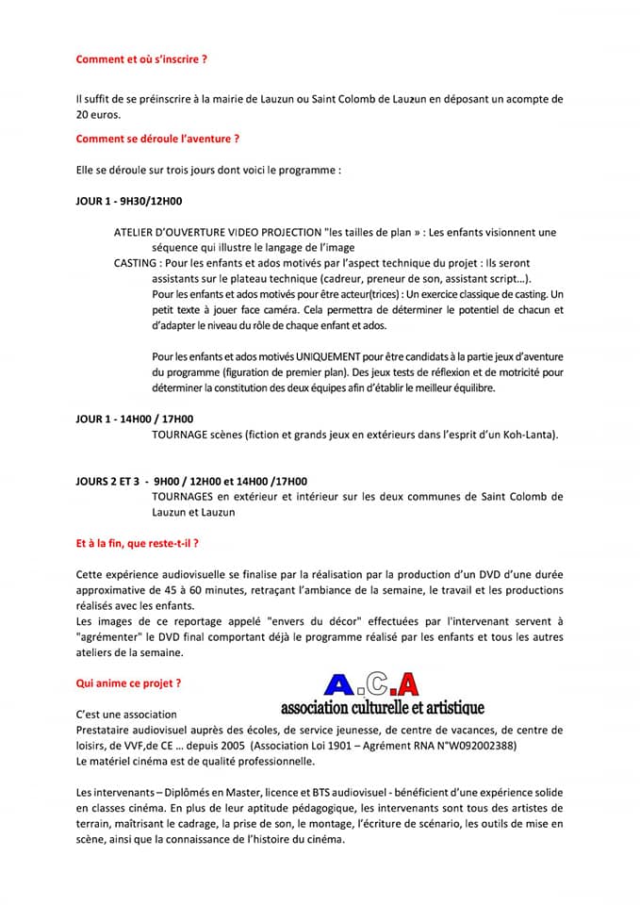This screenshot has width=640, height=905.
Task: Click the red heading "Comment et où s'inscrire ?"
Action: pyautogui.click(x=141, y=58)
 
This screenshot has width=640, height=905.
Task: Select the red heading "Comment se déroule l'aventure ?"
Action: pyautogui.click(x=157, y=139)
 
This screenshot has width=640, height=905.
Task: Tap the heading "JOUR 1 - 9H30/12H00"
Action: pyautogui.click(x=129, y=201)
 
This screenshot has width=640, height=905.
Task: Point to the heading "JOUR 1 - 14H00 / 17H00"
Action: pyautogui.click(x=134, y=418)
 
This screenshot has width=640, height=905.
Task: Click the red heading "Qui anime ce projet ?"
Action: pyautogui.click(x=128, y=681)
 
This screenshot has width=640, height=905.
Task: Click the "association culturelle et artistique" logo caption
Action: pyautogui.click(x=382, y=707)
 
